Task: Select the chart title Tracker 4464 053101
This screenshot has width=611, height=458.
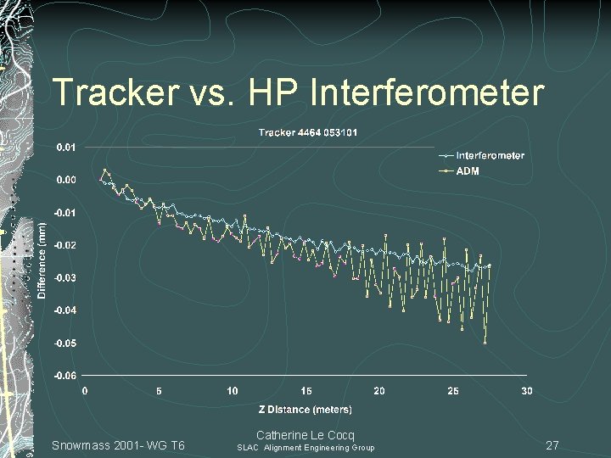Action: point(308,132)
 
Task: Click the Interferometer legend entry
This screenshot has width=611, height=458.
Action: point(490,155)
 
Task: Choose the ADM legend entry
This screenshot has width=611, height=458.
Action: point(468,171)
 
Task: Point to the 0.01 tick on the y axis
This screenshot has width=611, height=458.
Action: point(66,148)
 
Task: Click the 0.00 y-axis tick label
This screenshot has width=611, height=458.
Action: point(66,180)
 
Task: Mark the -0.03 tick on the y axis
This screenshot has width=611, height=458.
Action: point(64,278)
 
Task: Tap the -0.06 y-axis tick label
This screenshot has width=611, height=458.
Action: point(64,376)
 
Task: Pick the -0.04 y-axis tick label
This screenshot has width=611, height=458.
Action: point(64,310)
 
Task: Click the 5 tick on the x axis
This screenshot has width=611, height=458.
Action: point(159,391)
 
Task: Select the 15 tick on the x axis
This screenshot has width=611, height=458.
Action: point(305,391)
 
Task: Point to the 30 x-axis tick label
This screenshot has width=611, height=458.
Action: point(527,391)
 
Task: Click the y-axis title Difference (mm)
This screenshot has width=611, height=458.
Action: point(42,260)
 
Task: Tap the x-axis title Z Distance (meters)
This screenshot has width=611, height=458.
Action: point(305,410)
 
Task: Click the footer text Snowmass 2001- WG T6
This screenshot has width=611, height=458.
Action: point(118,445)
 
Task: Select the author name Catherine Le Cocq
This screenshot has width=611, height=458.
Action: point(305,435)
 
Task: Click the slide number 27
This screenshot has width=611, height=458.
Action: point(552,445)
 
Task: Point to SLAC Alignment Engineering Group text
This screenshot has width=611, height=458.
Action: point(305,448)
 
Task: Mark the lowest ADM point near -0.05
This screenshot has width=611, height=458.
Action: point(485,343)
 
